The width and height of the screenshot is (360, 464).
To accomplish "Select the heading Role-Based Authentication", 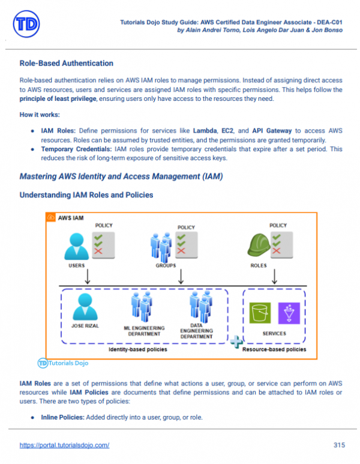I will coord(67,63).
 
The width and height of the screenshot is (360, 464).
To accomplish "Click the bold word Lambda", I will coord(204,130).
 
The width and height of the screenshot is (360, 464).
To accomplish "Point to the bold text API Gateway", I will coord(272,130).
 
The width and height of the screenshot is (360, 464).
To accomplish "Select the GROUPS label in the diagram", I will coord(166,265).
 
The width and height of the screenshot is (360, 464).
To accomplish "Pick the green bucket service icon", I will coord(260,313).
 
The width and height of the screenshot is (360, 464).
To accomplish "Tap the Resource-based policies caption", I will coord(274,349).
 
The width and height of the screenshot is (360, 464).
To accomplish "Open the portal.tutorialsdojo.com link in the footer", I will coord(64,445).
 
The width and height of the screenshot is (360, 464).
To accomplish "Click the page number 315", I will coord(338,445).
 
